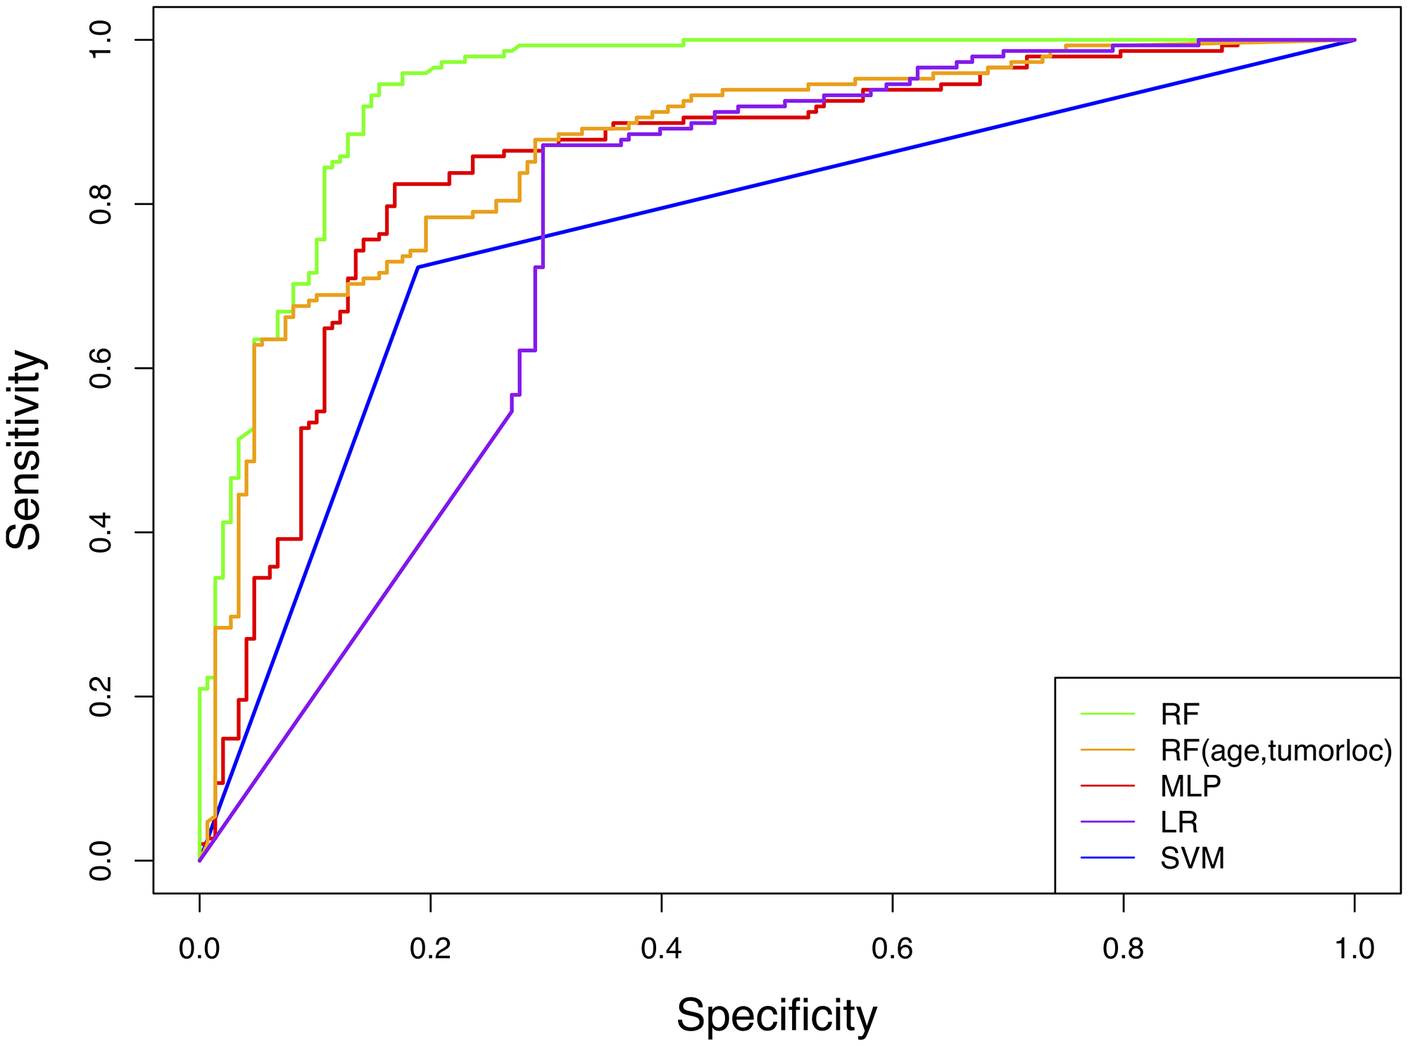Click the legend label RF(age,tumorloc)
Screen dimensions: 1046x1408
click(x=1276, y=751)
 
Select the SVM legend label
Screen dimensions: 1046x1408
click(x=1192, y=859)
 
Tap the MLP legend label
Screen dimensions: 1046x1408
click(x=1190, y=786)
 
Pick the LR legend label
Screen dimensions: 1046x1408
click(x=1179, y=822)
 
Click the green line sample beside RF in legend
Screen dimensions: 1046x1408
click(x=1107, y=714)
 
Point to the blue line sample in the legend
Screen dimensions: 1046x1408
click(x=1107, y=858)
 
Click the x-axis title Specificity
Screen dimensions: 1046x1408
click(x=777, y=1015)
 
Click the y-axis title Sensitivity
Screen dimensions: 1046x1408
click(x=24, y=450)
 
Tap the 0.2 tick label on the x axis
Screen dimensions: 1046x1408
click(x=430, y=949)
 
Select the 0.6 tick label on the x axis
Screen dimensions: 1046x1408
click(x=892, y=949)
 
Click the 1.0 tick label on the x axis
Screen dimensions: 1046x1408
click(x=1354, y=949)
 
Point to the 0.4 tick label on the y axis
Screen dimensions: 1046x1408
click(x=101, y=532)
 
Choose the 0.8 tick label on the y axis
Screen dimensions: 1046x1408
click(x=101, y=204)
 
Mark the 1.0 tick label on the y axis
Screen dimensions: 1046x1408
click(x=101, y=40)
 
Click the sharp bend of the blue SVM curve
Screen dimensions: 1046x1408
click(x=418, y=267)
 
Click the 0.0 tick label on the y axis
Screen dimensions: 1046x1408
click(x=101, y=860)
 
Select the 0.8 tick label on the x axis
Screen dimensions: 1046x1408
click(x=1123, y=949)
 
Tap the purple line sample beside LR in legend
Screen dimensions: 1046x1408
click(x=1107, y=822)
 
